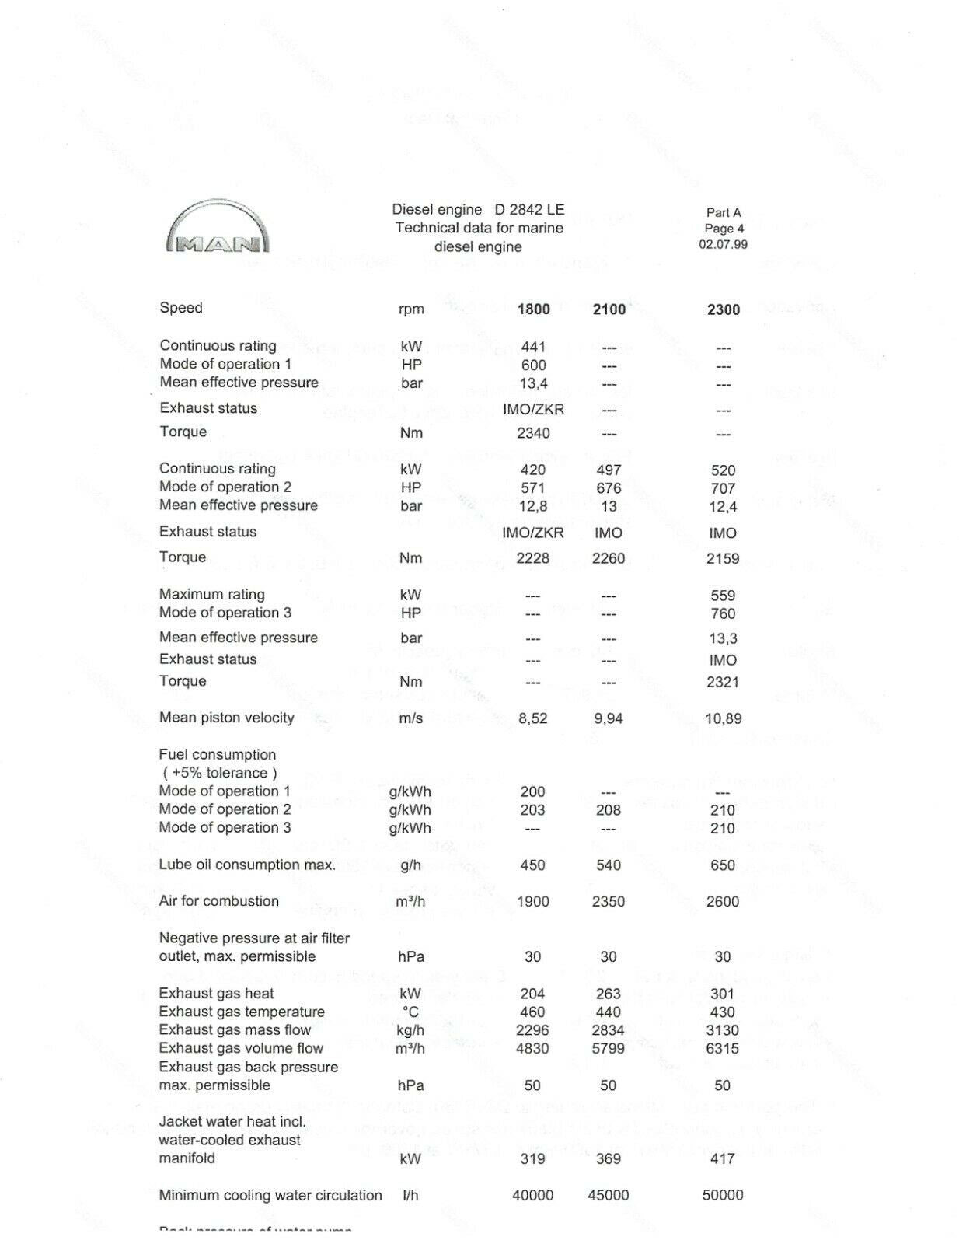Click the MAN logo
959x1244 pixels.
tap(218, 229)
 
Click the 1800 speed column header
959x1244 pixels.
tap(533, 309)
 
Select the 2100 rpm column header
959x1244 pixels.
tap(609, 309)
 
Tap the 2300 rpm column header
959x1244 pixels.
tap(723, 309)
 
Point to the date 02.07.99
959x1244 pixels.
tap(723, 244)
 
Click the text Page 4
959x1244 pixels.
tap(724, 229)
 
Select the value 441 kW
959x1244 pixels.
tap(533, 347)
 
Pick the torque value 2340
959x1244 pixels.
tap(533, 433)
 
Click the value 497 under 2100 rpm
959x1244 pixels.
tap(609, 470)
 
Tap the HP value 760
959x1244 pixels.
tap(723, 613)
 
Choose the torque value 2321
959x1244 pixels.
tap(723, 682)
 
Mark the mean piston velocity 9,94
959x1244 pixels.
tap(609, 718)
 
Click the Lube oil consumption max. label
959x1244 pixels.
tap(247, 865)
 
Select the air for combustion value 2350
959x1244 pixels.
tap(609, 902)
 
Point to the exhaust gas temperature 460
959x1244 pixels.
tap(532, 1012)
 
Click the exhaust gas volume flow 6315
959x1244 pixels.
tap(723, 1049)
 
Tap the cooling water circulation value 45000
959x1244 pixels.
tap(609, 1196)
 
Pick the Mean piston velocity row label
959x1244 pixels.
tap(226, 718)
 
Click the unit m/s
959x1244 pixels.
tap(410, 718)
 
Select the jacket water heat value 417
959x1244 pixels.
tap(723, 1159)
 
